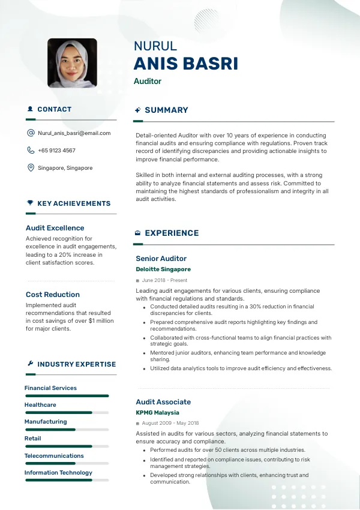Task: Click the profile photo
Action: coord(72,64)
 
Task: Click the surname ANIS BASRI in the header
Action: coord(186,64)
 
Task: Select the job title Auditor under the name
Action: coord(148,82)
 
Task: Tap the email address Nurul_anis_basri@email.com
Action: coord(74,133)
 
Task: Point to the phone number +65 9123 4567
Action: coord(56,151)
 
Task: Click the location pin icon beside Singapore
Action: coord(31,168)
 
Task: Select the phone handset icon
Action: coord(31,151)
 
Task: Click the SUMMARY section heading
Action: coord(166,110)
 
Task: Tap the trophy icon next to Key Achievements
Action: coord(30,203)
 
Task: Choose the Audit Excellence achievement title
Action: coord(55,228)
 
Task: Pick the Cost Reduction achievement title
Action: coord(53,295)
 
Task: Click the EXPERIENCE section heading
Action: coord(172,233)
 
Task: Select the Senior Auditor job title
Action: coord(161,259)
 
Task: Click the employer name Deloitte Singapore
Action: coord(163,269)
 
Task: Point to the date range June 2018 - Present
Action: coord(164,280)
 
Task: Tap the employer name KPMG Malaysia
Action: coord(157,413)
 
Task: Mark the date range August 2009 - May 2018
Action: coord(170,424)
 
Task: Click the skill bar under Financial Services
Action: coord(67,396)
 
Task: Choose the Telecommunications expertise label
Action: coord(54,456)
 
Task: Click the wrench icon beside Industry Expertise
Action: coord(30,364)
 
